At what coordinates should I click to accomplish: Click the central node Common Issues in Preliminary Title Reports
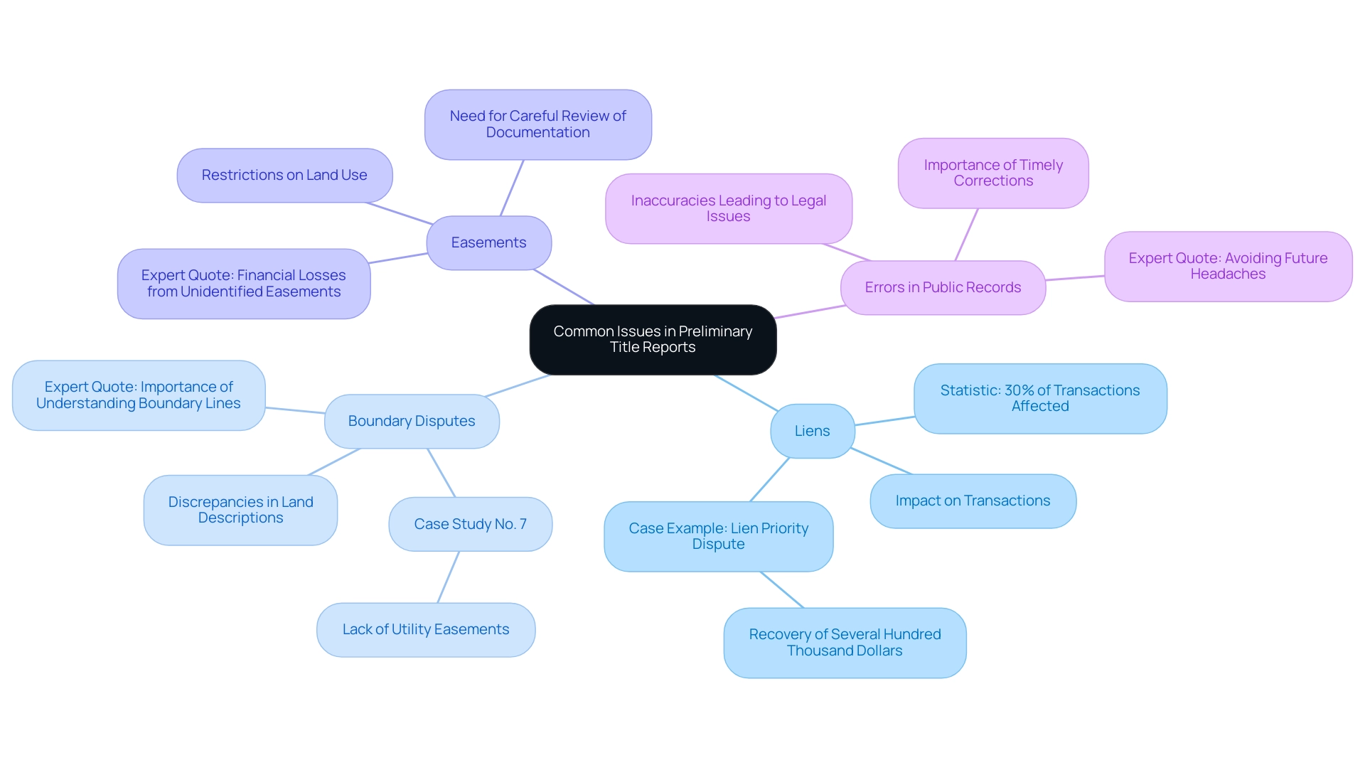[653, 340]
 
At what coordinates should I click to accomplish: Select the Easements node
[488, 243]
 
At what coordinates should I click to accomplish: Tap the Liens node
[812, 432]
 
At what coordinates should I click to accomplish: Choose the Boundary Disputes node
[412, 422]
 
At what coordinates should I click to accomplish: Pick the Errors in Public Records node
[943, 288]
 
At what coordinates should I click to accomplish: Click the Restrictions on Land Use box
[284, 176]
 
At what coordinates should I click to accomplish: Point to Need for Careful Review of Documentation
[537, 124]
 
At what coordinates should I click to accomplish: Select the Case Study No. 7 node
[470, 525]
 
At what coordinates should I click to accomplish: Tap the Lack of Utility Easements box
[425, 630]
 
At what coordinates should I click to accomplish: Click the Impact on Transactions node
[973, 501]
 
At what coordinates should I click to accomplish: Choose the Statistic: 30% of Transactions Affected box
[1039, 399]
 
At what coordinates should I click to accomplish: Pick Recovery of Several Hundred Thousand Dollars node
[845, 643]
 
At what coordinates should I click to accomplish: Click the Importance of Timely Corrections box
[993, 173]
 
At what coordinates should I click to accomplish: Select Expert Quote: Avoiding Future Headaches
[1228, 267]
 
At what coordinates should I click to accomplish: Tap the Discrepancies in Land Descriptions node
[240, 510]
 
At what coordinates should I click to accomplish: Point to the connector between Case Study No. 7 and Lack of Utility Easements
[448, 577]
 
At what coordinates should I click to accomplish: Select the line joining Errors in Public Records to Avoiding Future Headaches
[1075, 278]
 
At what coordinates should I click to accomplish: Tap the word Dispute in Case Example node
[718, 545]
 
